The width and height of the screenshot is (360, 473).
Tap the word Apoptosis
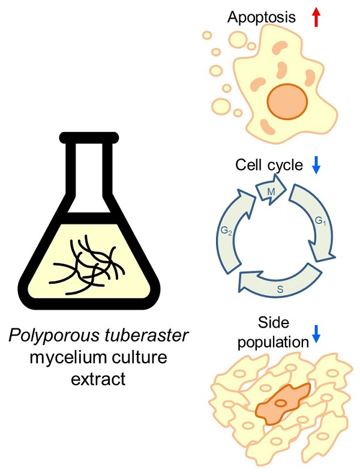coord(262,17)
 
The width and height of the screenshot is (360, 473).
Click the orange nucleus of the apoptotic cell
coord(286,103)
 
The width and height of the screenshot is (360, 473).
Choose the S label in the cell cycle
coord(280,289)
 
